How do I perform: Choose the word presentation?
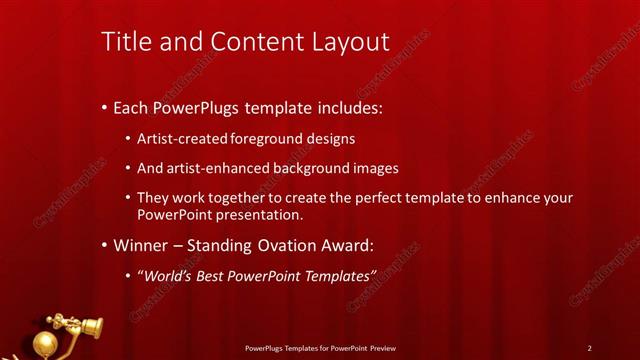click(259, 215)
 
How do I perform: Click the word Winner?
click(143, 246)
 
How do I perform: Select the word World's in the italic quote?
click(166, 276)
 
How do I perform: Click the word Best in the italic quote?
click(215, 276)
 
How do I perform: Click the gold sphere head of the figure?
click(43, 344)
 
